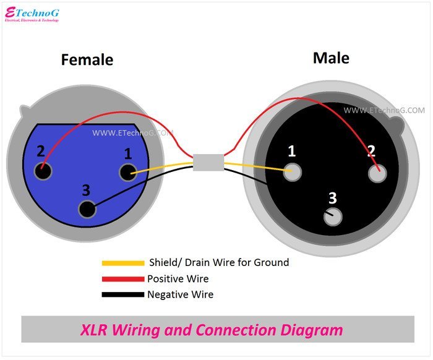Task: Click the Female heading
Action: point(87,60)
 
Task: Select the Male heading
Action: point(331,58)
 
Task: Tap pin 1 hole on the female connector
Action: point(127,173)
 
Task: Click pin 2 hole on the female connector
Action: point(43,171)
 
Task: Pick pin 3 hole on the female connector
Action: point(87,209)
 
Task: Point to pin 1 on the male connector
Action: point(293,172)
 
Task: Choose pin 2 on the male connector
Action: point(377,173)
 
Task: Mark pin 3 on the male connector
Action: point(333,216)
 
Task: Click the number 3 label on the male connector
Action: point(333,199)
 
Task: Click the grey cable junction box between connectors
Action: point(207,162)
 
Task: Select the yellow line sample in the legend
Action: point(122,263)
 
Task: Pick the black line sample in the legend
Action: point(122,295)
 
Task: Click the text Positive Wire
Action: point(178,279)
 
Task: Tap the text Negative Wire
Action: point(180,294)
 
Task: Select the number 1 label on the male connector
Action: point(292,151)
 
